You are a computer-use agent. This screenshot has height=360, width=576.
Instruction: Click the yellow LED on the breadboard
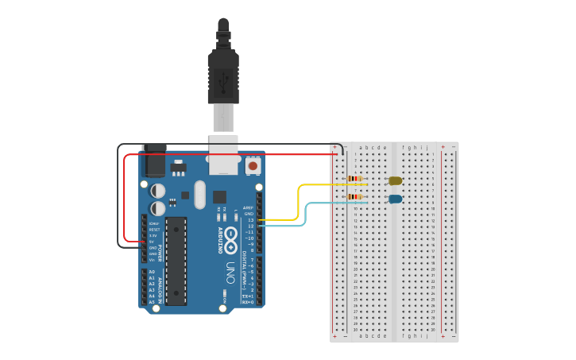[395, 181]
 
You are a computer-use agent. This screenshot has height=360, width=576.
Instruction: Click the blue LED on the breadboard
[395, 199]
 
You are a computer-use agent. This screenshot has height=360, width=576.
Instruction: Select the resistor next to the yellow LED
[354, 179]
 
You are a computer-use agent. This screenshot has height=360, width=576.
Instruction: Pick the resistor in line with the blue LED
[354, 196]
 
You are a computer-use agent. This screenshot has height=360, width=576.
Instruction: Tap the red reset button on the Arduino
[253, 166]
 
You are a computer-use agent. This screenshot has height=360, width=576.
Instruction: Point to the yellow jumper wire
[299, 199]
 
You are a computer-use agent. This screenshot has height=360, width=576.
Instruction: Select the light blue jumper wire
[307, 215]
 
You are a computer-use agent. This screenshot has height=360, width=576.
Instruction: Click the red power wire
[125, 199]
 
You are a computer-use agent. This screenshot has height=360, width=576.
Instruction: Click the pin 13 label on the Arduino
[250, 220]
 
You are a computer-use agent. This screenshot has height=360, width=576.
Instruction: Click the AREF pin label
[249, 207]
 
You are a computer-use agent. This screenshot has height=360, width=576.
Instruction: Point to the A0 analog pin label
[152, 272]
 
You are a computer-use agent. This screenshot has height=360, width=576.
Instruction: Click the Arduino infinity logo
[230, 236]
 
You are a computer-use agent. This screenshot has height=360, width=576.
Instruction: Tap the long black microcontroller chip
[176, 261]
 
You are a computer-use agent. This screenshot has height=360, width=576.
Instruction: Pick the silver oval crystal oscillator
[199, 194]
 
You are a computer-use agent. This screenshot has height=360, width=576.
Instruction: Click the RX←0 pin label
[248, 302]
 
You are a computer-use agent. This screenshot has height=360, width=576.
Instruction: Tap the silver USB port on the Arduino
[223, 155]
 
